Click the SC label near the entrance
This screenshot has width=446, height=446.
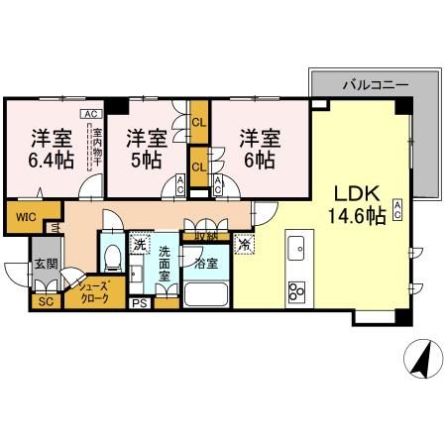click(44, 301)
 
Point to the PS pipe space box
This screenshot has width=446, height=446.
click(140, 302)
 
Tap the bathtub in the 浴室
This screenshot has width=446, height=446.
click(207, 294)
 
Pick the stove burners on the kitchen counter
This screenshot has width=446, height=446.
click(296, 290)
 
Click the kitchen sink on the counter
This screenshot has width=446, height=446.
click(295, 248)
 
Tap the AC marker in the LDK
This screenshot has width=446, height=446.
click(396, 208)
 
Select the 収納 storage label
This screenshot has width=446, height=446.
click(205, 236)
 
